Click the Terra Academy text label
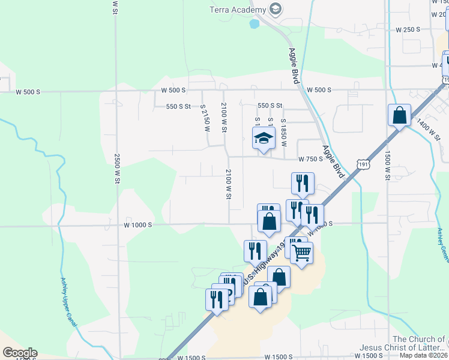click(x=237, y=10)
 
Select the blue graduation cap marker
click(x=262, y=139)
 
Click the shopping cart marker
click(x=301, y=252)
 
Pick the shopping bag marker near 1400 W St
click(x=399, y=115)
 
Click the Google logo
click(x=20, y=352)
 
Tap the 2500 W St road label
click(x=118, y=167)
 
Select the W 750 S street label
click(x=311, y=159)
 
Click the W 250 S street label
click(x=406, y=29)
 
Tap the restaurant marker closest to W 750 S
click(x=303, y=182)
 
